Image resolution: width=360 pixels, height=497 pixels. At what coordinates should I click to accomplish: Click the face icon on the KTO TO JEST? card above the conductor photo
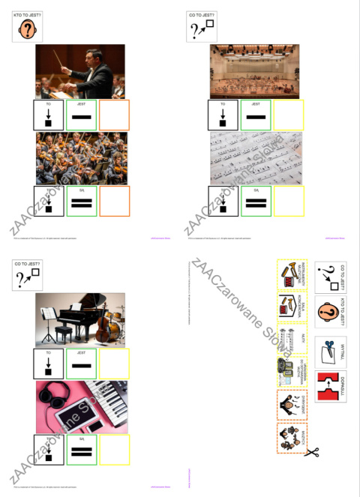point(28,29)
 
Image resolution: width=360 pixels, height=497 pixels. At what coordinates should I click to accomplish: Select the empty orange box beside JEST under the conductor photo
point(114,115)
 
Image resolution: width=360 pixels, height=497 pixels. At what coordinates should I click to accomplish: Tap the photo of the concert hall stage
point(254,71)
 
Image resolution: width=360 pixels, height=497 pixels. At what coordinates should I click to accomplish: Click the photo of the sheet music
point(256,158)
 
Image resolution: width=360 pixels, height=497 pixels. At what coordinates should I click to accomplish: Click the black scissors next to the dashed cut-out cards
point(311,451)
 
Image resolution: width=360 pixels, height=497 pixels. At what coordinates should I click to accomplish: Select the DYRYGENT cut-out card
point(291,405)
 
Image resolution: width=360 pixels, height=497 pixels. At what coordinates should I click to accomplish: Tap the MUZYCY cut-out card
point(291,439)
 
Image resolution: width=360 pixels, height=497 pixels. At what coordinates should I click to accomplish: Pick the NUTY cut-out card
point(291,337)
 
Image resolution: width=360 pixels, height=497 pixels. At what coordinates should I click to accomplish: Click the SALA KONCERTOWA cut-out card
point(291,306)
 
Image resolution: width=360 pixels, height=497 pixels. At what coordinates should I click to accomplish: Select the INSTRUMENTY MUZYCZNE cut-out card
point(291,274)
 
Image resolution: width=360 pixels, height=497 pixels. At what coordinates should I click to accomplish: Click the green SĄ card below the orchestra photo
point(82,201)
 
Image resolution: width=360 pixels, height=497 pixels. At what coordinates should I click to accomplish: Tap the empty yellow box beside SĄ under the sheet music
point(288,201)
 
